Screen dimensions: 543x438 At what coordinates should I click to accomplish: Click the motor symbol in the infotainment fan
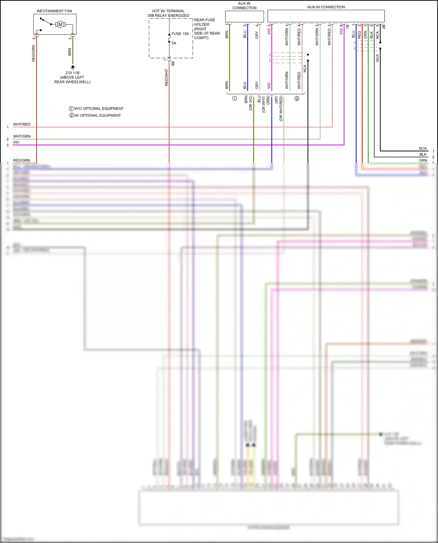(60, 24)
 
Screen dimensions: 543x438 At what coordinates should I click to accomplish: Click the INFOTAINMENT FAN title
(54, 11)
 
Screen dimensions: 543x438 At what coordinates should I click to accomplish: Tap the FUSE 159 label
(180, 34)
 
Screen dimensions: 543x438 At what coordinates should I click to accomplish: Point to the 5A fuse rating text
(174, 43)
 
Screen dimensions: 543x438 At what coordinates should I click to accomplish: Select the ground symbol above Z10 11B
(73, 67)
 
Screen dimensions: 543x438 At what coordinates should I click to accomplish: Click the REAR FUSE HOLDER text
(204, 22)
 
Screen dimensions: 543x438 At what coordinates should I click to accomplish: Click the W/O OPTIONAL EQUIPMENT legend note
(96, 109)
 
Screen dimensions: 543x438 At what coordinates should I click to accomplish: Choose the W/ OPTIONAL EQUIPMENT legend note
(95, 116)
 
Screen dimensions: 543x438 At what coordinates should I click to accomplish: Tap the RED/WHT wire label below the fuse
(166, 77)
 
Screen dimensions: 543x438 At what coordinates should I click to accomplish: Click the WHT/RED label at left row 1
(22, 124)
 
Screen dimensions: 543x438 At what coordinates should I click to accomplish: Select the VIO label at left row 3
(16, 142)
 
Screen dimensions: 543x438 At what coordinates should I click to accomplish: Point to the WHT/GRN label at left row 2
(22, 136)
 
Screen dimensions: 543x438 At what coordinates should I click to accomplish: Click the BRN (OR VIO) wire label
(248, 103)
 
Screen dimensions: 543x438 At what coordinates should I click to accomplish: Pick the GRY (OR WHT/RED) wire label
(279, 108)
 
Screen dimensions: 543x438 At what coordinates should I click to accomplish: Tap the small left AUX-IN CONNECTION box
(244, 17)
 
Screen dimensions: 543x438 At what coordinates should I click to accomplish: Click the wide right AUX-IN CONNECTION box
(326, 16)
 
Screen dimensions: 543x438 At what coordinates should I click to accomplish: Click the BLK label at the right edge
(423, 154)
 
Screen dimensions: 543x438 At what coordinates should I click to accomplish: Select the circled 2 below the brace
(297, 99)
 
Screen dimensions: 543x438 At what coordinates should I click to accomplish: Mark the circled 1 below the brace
(234, 98)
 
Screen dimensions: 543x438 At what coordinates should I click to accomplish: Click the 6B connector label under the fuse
(173, 63)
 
